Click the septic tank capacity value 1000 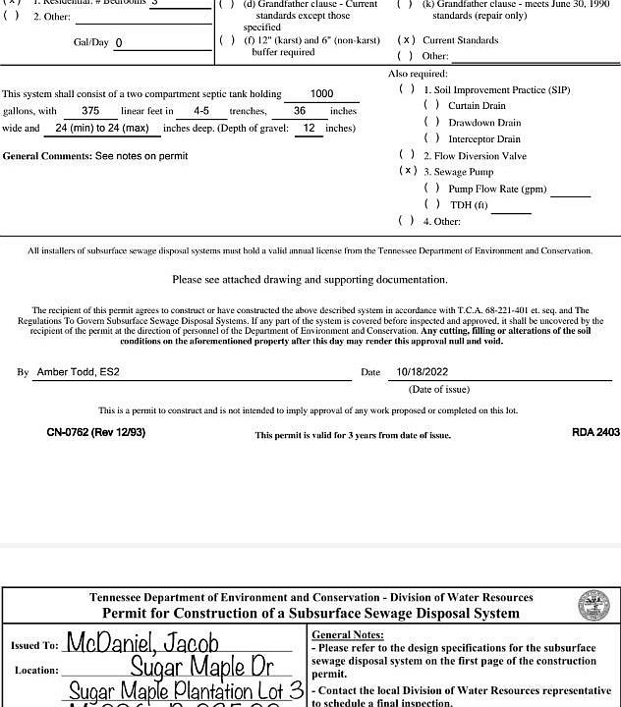321,94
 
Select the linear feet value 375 90,111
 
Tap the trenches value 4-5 201,111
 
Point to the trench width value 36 299,111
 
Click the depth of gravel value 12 309,129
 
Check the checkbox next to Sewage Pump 407,171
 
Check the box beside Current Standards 406,40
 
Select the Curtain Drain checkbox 430,105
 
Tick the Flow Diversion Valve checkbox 407,155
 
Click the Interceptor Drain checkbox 430,138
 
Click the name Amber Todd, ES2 78,372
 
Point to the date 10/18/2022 422,372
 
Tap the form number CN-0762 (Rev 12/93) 95,432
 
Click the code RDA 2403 595,432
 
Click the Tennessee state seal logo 593,606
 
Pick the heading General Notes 347,635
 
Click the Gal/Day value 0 119,43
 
